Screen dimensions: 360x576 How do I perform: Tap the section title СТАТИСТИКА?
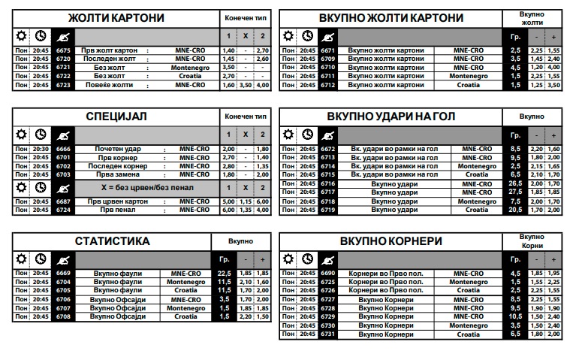click(x=113, y=241)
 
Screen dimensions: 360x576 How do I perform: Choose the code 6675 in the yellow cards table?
click(x=63, y=50)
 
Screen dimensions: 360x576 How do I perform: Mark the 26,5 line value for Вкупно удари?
click(x=515, y=183)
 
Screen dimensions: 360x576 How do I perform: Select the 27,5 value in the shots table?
click(x=515, y=192)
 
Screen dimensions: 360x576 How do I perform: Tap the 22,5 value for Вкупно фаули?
click(x=224, y=273)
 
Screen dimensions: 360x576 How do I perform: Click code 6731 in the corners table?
click(x=327, y=334)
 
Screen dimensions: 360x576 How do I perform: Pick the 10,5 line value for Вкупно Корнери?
click(x=515, y=316)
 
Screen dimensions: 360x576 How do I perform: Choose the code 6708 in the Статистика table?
click(x=63, y=316)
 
